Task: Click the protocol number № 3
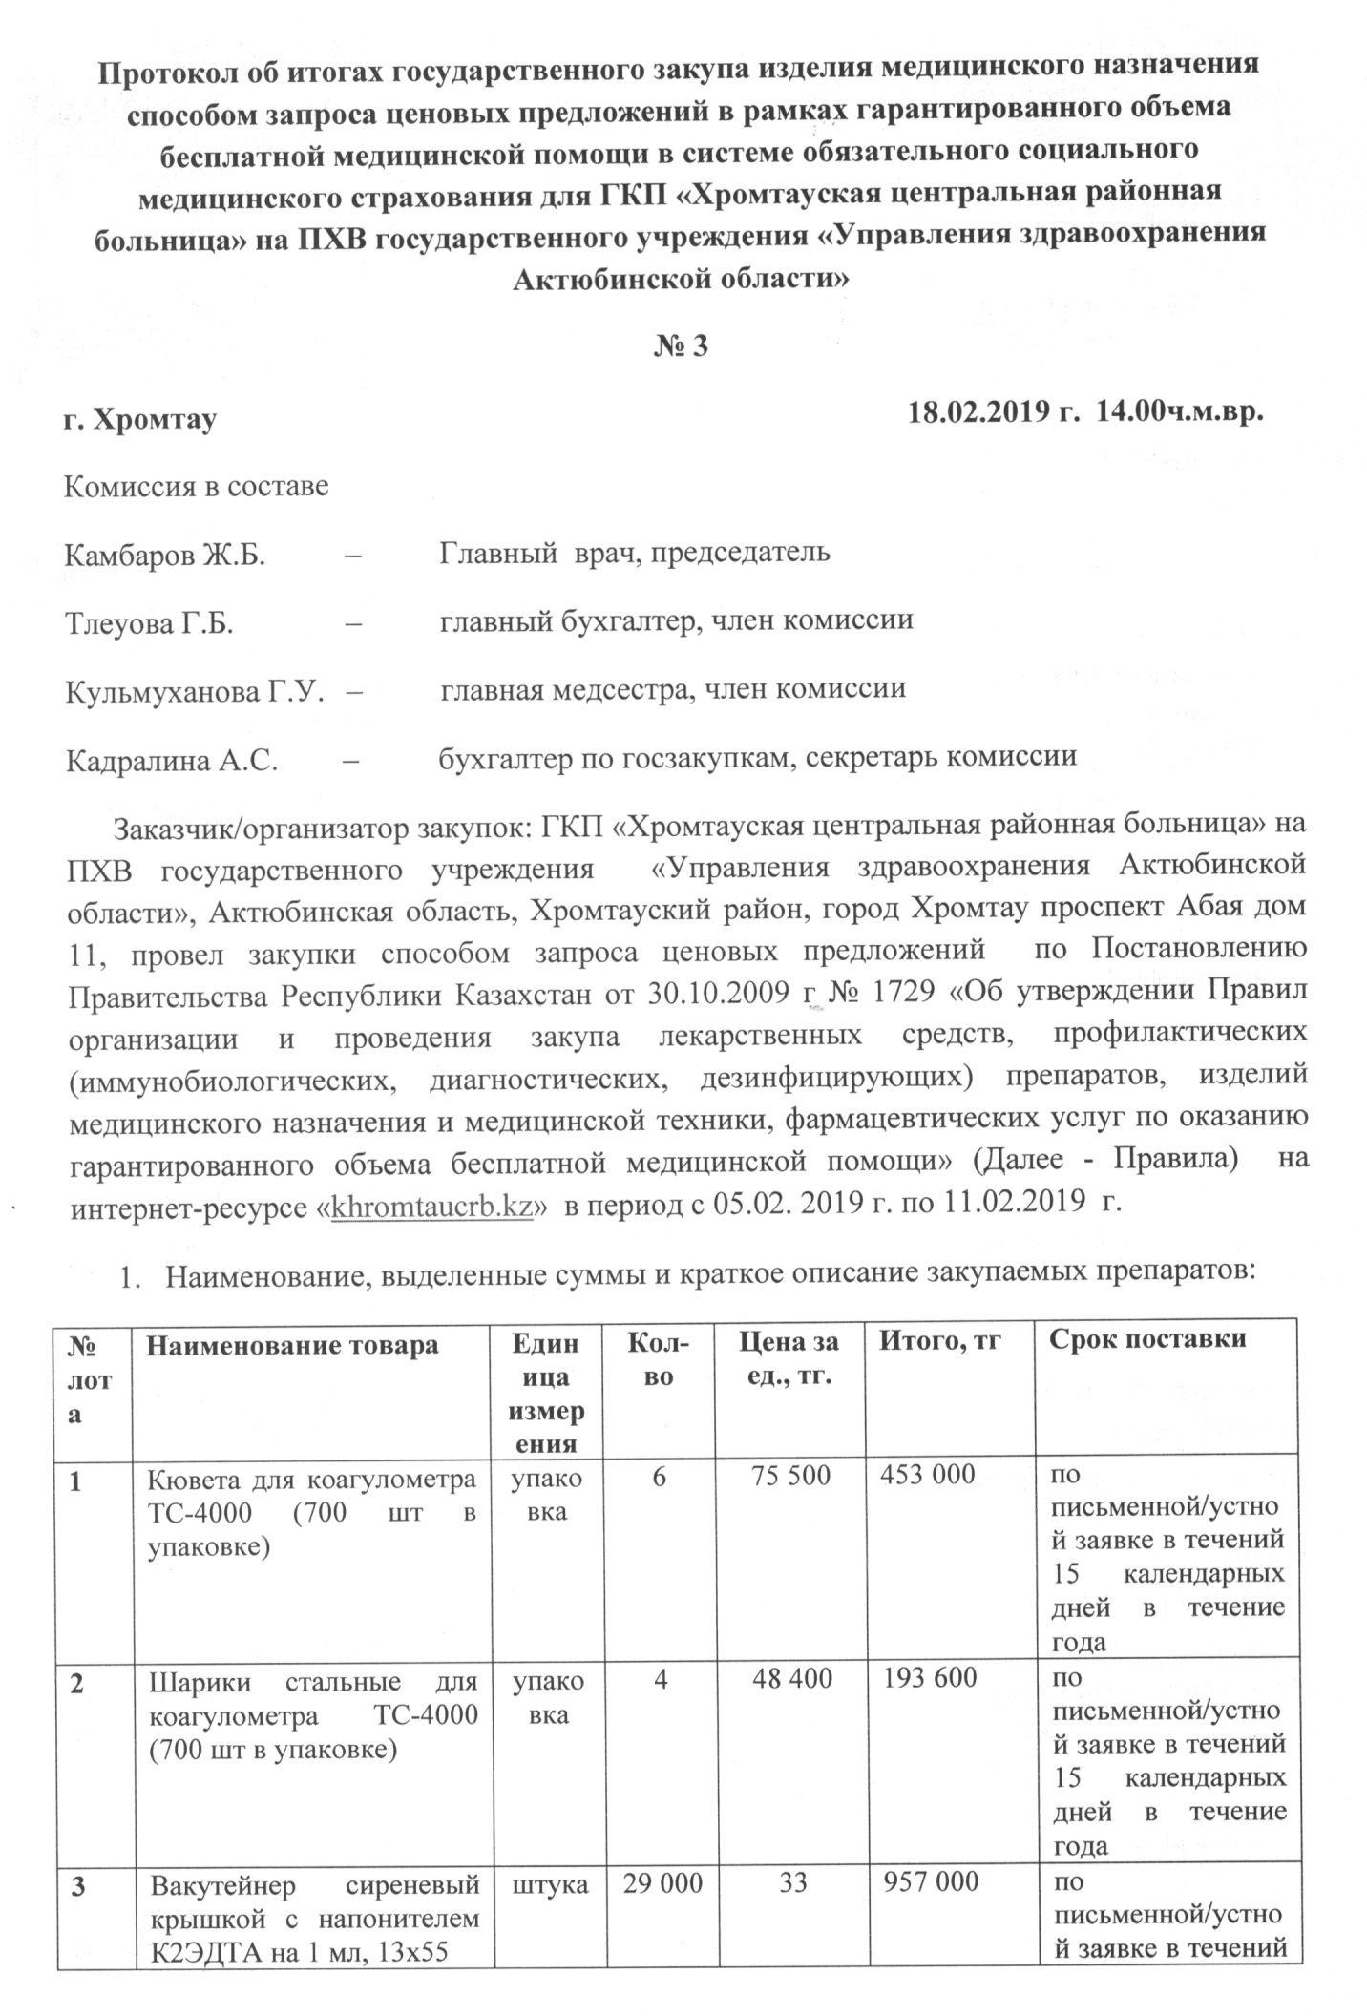(681, 346)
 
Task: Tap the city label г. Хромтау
(139, 419)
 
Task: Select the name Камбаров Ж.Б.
(164, 555)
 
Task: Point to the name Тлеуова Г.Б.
(150, 623)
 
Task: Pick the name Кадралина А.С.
(172, 760)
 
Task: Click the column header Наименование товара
(291, 1344)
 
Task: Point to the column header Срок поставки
(1147, 1338)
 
